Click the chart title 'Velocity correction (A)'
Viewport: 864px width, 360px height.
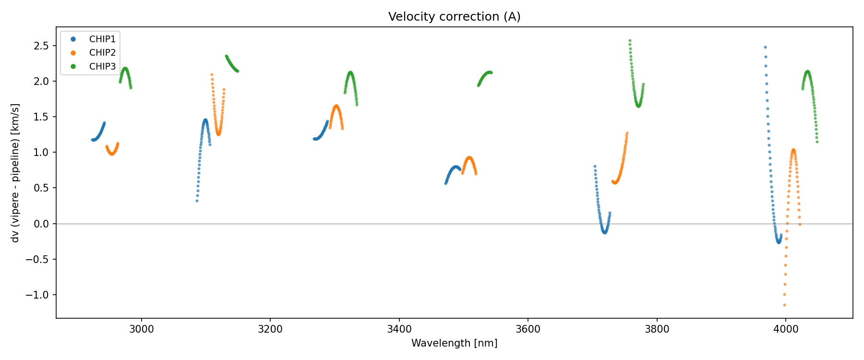point(454,17)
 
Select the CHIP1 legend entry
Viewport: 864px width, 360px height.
point(102,39)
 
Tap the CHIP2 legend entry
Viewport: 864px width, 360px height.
point(102,53)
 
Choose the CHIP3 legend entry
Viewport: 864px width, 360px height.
point(102,67)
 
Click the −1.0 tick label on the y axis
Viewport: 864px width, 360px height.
point(38,295)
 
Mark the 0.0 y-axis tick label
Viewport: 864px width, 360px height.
point(43,224)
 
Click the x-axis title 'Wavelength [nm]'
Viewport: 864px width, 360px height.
point(454,343)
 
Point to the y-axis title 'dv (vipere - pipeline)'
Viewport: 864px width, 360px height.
point(15,173)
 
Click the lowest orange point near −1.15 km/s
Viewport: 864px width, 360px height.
point(784,305)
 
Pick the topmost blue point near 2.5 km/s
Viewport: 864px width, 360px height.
point(765,47)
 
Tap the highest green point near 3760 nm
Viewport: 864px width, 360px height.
point(630,41)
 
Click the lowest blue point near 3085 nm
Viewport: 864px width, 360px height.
point(197,201)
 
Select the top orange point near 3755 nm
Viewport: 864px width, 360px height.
point(627,133)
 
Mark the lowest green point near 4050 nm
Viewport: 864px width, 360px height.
point(817,142)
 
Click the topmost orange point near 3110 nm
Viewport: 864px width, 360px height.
point(212,74)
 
